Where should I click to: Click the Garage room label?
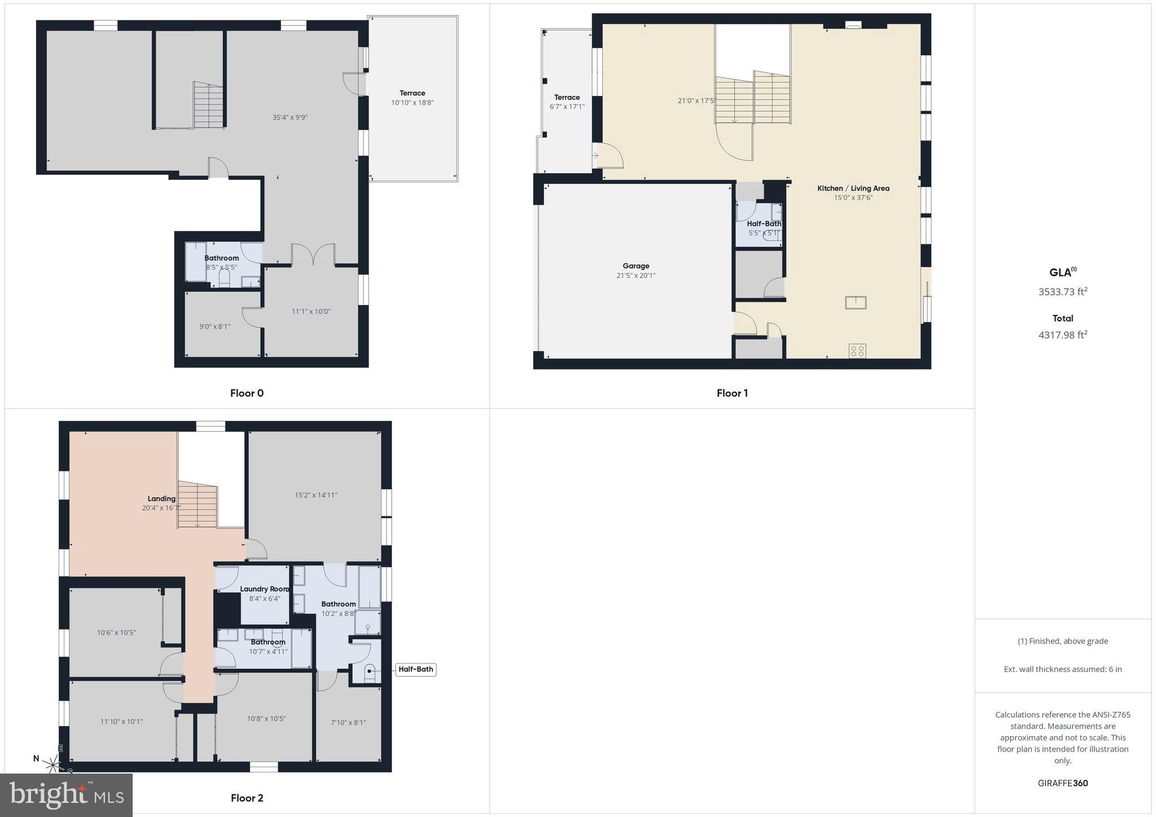click(x=636, y=266)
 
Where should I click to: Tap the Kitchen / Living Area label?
click(x=853, y=188)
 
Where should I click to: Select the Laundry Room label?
click(x=264, y=589)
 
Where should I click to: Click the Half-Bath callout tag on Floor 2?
click(x=415, y=670)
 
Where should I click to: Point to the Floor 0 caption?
click(x=247, y=393)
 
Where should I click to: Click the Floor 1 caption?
click(x=732, y=393)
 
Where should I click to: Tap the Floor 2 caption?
click(x=247, y=798)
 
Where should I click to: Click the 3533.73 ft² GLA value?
click(x=1062, y=292)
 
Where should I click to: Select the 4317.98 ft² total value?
click(x=1062, y=335)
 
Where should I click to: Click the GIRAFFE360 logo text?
click(x=1062, y=783)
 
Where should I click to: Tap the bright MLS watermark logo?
click(x=67, y=795)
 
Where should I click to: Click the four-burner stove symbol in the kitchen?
click(x=857, y=351)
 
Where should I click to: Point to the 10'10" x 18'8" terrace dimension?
click(x=412, y=103)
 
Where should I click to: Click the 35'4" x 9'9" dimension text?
click(x=290, y=117)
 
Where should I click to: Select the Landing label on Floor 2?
click(x=161, y=499)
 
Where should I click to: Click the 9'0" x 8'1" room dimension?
click(x=214, y=326)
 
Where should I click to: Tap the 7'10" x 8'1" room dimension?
click(x=348, y=722)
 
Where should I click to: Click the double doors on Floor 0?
click(x=313, y=254)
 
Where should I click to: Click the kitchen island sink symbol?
click(x=855, y=302)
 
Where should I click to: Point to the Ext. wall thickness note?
click(x=1062, y=669)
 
